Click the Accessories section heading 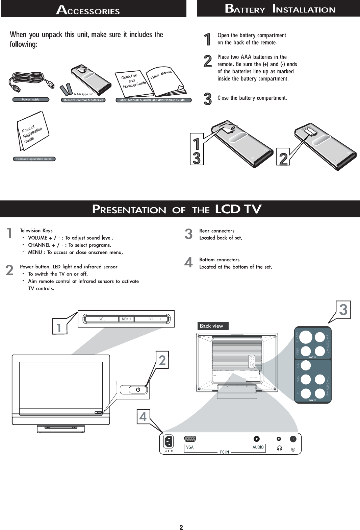(x=88, y=10)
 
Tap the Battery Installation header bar (x=280, y=9)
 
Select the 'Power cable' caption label (x=31, y=100)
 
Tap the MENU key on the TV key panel (x=126, y=319)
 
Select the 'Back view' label (x=212, y=326)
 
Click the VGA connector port (x=190, y=439)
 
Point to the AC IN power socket (x=168, y=441)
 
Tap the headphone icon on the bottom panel (x=279, y=448)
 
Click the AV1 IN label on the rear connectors (x=313, y=357)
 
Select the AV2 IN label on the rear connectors (x=313, y=400)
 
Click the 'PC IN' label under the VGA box (x=225, y=452)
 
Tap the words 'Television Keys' (x=36, y=231)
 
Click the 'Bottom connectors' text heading (x=219, y=260)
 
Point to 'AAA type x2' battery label (x=83, y=94)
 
